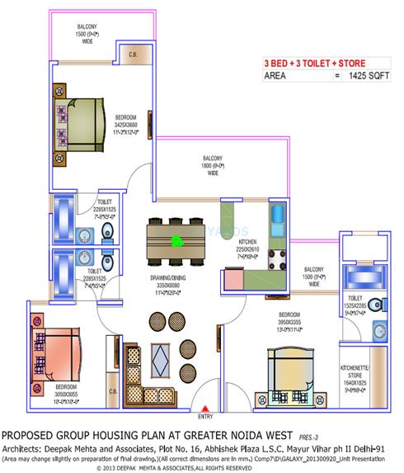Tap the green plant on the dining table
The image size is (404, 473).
[x=176, y=242]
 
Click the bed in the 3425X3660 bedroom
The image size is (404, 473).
[x=82, y=124]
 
